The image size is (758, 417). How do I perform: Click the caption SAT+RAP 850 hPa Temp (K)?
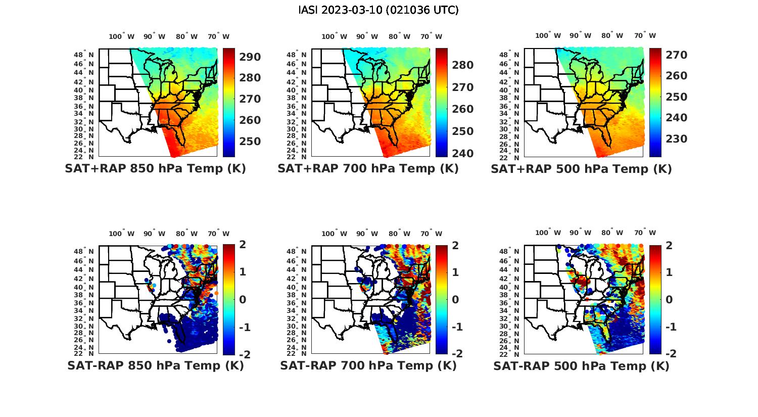coord(155,169)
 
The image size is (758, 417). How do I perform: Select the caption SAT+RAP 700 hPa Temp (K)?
coord(368,169)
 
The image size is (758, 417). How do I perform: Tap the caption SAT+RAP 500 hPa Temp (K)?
coord(581,169)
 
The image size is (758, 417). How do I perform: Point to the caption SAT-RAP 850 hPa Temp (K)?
coord(155,366)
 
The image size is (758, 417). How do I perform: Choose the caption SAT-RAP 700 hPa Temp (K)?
coord(368,366)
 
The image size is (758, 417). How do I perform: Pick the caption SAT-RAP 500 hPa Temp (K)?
coord(581,366)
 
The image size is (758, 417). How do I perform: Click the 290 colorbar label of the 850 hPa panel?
coord(250,57)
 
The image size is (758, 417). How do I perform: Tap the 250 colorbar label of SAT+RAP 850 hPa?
coord(250,142)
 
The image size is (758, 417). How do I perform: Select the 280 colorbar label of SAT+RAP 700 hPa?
coord(463,65)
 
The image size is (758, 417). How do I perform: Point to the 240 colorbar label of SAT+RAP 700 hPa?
coord(463,154)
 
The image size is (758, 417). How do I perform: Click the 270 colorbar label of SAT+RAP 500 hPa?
coord(676,55)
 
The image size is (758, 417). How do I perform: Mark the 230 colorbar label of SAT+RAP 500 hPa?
coord(676,139)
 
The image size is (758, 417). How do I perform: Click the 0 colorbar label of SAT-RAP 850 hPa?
coord(242,299)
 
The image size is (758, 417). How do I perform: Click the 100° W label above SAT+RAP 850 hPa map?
coord(121,36)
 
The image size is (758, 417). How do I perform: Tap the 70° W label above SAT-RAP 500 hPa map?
coord(645,233)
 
